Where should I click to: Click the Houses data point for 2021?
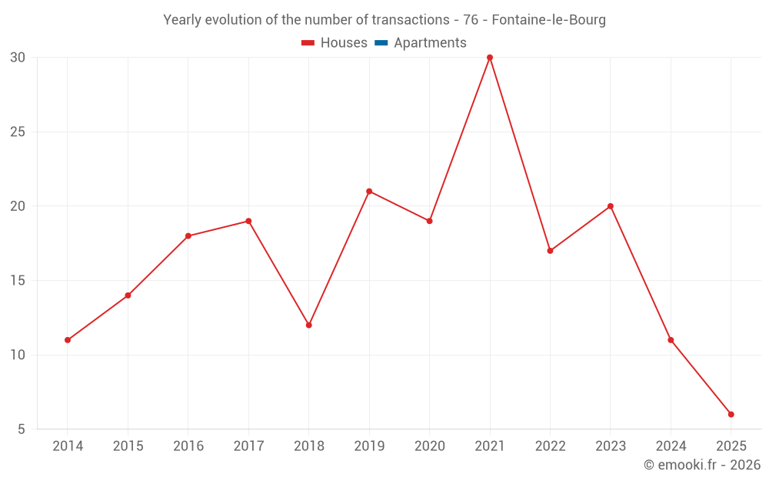[x=490, y=58]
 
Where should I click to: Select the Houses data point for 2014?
[x=68, y=340]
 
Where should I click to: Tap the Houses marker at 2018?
[x=309, y=325]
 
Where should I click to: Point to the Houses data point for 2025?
[x=731, y=415]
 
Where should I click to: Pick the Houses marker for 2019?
[x=369, y=191]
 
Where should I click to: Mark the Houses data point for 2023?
[x=611, y=206]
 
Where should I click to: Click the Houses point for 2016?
[x=188, y=236]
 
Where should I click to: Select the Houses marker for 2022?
[x=550, y=251]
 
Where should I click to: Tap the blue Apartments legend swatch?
[x=381, y=43]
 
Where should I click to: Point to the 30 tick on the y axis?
[x=18, y=58]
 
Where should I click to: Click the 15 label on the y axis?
[x=18, y=281]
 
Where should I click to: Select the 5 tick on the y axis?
[x=21, y=429]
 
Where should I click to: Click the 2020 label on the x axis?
[x=430, y=446]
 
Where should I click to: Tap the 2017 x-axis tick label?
[x=248, y=446]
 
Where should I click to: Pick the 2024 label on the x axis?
[x=671, y=446]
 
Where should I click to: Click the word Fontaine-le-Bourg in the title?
[x=548, y=20]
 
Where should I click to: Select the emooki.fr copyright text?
[x=702, y=465]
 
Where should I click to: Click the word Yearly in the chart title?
[x=181, y=20]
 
